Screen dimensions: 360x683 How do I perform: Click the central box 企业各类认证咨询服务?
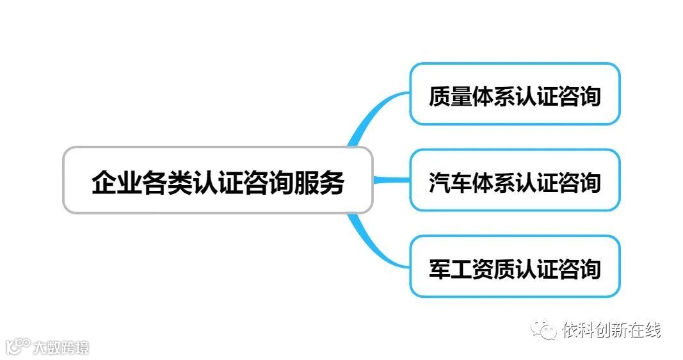tap(218, 180)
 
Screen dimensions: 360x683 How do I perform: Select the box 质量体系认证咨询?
tap(515, 94)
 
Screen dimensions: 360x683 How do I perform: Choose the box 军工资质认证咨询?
tap(515, 266)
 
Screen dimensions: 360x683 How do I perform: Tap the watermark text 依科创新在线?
tap(611, 330)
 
